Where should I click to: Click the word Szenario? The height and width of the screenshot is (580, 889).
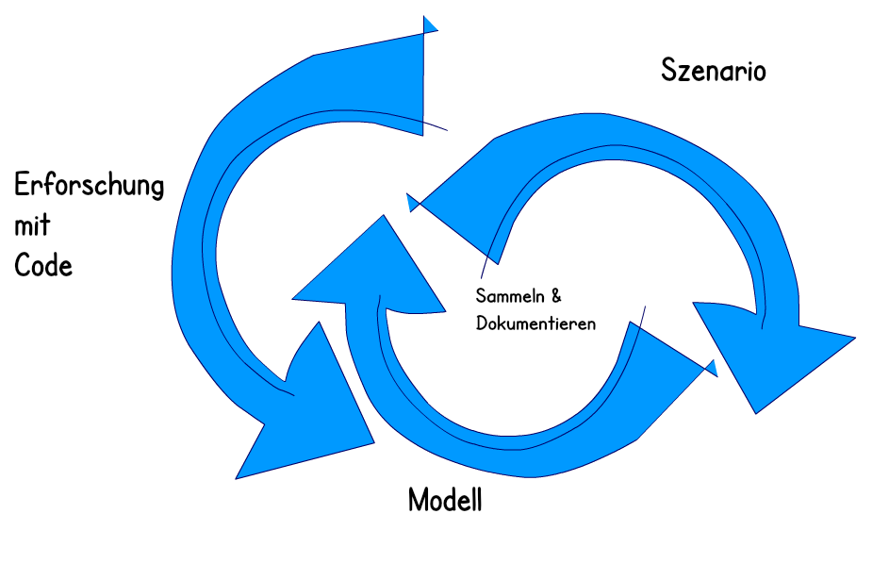pyautogui.click(x=714, y=72)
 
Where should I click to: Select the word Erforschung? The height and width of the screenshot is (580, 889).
pyautogui.click(x=90, y=187)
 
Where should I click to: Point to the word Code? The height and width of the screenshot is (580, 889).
pyautogui.click(x=43, y=265)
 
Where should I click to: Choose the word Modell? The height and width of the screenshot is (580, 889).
pyautogui.click(x=445, y=500)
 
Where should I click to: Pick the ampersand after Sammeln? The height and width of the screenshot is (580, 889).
pyautogui.click(x=556, y=296)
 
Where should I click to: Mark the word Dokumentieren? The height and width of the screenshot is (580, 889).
pyautogui.click(x=535, y=323)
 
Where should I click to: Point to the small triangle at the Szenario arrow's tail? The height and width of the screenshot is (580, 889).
pyautogui.click(x=411, y=202)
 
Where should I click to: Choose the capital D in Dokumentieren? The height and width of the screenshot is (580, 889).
pyautogui.click(x=482, y=323)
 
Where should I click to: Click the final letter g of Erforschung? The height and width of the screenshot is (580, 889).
pyautogui.click(x=156, y=189)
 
